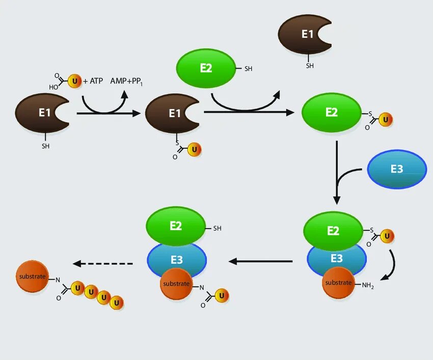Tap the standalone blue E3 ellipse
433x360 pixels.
[397, 169]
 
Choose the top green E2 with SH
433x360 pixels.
[206, 68]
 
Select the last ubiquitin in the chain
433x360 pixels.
[117, 302]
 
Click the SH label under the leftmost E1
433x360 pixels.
[46, 147]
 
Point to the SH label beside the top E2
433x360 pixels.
[249, 69]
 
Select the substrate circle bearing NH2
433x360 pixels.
[339, 283]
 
